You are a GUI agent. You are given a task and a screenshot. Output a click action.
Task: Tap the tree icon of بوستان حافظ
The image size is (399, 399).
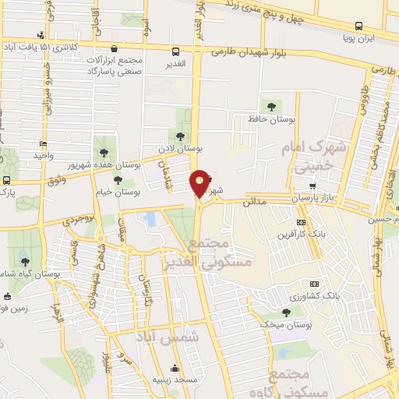pyautogui.click(x=270, y=106)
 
